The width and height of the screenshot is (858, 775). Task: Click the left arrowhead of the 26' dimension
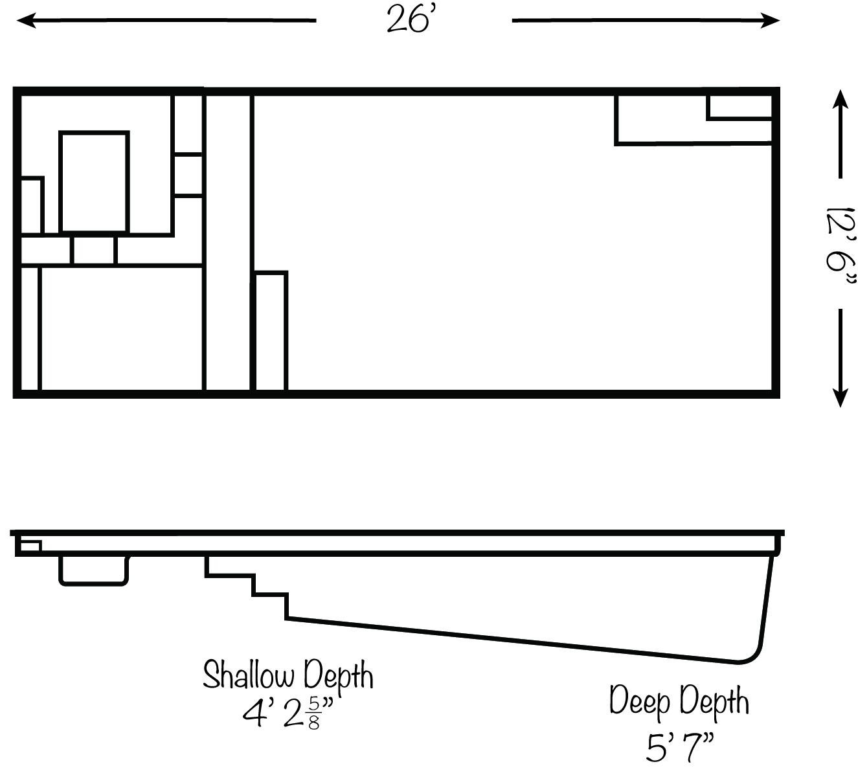(x=26, y=20)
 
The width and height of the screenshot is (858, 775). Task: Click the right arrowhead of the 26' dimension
(x=770, y=20)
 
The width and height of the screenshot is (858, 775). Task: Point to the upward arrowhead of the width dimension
(x=841, y=99)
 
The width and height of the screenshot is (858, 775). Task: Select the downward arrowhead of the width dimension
(x=841, y=398)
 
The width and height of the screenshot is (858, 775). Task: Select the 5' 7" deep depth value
(x=679, y=747)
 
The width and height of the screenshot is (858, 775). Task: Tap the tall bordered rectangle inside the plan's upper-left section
(x=94, y=182)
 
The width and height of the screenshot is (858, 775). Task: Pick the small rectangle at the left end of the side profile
(x=30, y=546)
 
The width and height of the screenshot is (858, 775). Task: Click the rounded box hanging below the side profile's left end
(x=94, y=571)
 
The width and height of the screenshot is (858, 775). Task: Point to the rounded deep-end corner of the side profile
(x=755, y=655)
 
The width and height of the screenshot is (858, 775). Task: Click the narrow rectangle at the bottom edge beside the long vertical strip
(x=270, y=331)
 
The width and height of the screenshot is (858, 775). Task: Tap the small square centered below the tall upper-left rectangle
(x=94, y=250)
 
